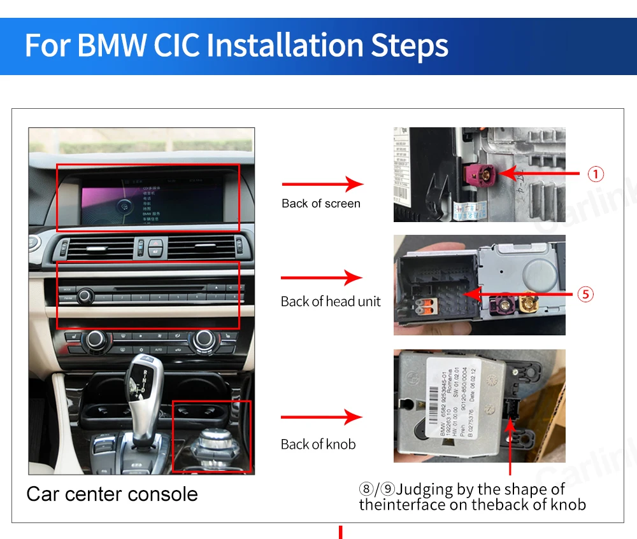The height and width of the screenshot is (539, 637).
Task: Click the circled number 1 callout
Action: pyautogui.click(x=595, y=174)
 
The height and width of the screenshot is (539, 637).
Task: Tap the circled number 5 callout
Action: pyautogui.click(x=585, y=294)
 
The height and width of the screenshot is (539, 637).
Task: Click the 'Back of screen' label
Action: pyautogui.click(x=321, y=204)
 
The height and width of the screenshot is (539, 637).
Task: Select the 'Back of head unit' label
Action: pyautogui.click(x=331, y=302)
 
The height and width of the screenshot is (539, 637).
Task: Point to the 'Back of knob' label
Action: pyautogui.click(x=318, y=444)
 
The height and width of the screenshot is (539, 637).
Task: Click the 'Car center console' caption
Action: pyautogui.click(x=112, y=494)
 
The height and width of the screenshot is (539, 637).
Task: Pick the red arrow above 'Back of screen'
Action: pyautogui.click(x=322, y=185)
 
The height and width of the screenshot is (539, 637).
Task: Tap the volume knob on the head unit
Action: pyautogui.click(x=83, y=297)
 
